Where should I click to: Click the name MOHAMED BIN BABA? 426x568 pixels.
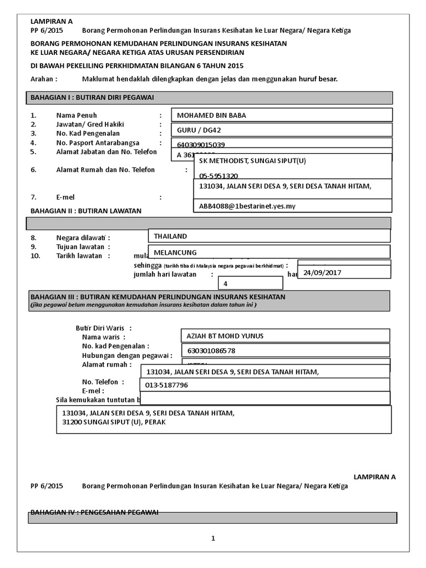[211, 115]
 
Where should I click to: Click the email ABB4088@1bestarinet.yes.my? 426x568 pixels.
[247, 206]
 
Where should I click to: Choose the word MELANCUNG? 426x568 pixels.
[175, 252]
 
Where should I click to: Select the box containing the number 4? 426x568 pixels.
[226, 284]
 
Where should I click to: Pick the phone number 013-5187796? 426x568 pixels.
[166, 385]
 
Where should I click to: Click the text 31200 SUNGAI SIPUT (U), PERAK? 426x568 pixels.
[114, 422]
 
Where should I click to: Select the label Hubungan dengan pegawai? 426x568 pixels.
[126, 355]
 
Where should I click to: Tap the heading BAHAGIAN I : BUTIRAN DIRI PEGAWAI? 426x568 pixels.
[92, 98]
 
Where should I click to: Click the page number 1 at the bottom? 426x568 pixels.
[212, 538]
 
